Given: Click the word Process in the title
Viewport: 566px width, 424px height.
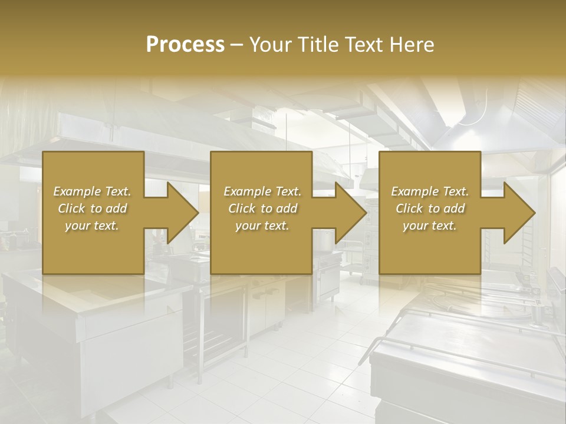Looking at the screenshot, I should (185, 45).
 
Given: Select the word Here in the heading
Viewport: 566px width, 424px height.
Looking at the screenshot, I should (412, 45).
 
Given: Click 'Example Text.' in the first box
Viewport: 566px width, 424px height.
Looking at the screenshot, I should (93, 191).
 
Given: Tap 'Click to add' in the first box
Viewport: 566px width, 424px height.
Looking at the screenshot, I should (93, 208).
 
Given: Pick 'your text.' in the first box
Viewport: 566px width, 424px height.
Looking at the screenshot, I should (93, 226).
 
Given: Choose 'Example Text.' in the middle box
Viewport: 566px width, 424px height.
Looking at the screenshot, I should (262, 191).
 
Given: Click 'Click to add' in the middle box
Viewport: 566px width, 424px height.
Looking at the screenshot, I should (262, 208).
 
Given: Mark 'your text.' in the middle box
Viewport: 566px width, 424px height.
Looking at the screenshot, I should (262, 226).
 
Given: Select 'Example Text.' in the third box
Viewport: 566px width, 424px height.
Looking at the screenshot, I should (430, 191).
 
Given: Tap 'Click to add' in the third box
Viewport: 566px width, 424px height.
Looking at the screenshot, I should (430, 208).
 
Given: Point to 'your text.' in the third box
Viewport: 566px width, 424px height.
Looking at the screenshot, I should (430, 226).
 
